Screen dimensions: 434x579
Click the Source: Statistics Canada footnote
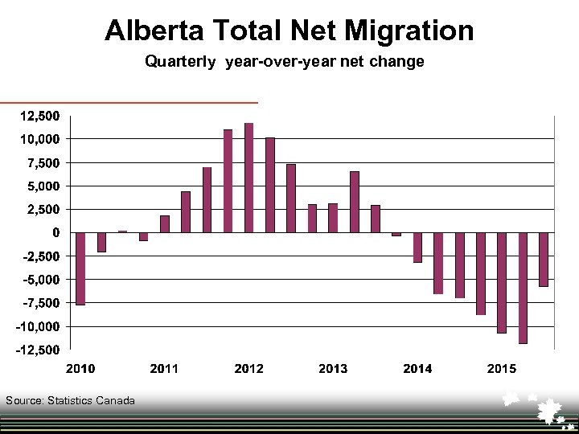(70, 400)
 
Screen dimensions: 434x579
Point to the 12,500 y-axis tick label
(39, 116)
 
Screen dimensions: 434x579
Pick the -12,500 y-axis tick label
(37, 350)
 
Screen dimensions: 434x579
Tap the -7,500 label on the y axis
(39, 303)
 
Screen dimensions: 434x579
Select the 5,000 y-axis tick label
(41, 186)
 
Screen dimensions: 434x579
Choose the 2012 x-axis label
(248, 368)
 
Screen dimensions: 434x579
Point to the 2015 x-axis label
(502, 368)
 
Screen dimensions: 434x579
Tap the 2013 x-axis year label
(333, 368)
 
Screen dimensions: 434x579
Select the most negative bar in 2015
(523, 288)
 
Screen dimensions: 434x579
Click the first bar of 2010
(80, 268)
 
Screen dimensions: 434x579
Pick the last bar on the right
(544, 259)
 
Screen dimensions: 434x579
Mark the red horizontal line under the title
(129, 103)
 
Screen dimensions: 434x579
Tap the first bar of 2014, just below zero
(396, 235)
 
